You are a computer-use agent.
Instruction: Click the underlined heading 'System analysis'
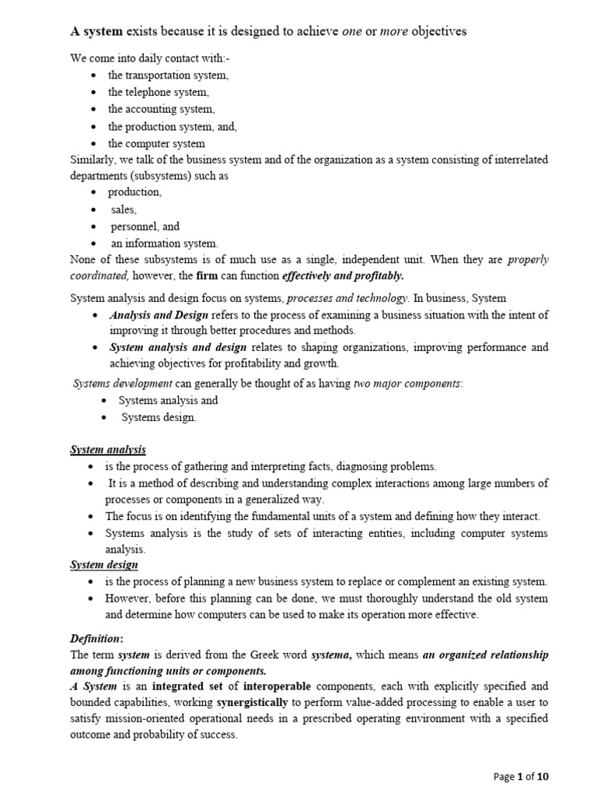[x=108, y=450]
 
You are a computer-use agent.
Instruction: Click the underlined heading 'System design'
[x=104, y=565]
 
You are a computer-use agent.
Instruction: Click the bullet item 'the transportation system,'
[x=168, y=75]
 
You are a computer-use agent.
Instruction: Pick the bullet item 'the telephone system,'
[x=159, y=92]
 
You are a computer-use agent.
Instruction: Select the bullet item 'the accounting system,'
[x=162, y=109]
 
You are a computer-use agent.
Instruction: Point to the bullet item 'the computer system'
[x=156, y=143]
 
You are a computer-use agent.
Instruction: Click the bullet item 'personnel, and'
[x=144, y=226]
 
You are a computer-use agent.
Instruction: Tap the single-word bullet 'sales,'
[x=124, y=209]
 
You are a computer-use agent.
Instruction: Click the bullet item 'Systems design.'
[x=159, y=417]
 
